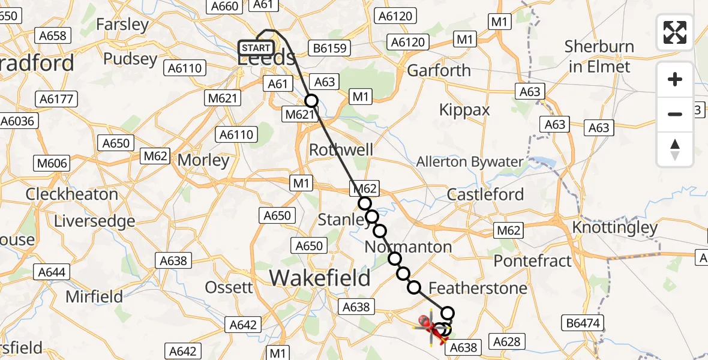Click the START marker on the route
(257, 48)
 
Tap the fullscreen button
(675, 32)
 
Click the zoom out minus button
(675, 113)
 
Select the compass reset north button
(675, 149)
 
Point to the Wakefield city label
(320, 278)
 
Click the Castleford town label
(486, 194)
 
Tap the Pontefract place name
(533, 261)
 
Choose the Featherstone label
(478, 288)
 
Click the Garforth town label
(439, 70)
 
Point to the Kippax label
(464, 110)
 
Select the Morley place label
(203, 160)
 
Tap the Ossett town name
(229, 287)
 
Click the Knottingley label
(615, 228)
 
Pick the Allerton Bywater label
(470, 162)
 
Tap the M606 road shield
(53, 163)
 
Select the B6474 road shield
(583, 323)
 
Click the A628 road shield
(506, 341)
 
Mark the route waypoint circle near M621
(311, 101)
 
